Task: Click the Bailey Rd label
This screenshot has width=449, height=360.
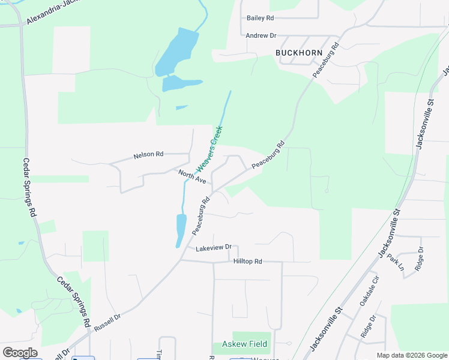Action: point(260,18)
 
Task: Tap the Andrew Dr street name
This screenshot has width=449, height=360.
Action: point(261,36)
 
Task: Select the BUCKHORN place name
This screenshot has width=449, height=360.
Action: point(299,53)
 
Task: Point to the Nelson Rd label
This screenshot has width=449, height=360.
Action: point(148,155)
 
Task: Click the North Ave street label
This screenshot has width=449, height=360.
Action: point(192,176)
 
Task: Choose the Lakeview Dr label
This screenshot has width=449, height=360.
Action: point(212,247)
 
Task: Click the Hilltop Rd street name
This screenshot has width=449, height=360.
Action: point(247,262)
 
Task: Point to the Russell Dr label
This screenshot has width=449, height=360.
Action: point(108,323)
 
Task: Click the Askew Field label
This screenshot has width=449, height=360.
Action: point(245,344)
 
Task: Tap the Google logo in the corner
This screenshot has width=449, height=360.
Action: point(20,353)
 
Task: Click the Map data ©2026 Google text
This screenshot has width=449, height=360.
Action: point(412,355)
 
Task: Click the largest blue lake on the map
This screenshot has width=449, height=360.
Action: point(178,51)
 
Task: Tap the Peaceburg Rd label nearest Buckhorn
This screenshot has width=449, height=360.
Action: point(325,59)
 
